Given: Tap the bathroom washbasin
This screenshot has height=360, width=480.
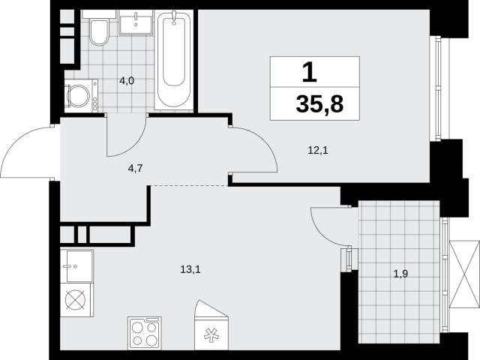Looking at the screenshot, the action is pos(136,22).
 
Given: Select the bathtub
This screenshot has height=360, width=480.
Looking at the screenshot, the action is pos(174,60).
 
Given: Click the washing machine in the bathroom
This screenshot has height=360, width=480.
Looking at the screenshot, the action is pos(81,96).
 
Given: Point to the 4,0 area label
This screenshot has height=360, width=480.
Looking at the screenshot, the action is pos(127,81).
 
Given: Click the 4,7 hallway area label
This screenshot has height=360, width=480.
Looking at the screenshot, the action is pos(135,168).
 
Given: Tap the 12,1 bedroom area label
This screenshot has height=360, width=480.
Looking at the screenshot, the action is pos(318,150).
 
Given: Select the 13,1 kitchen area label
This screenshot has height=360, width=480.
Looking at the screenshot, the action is pos(190,270).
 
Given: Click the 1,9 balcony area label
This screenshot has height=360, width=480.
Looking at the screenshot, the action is pos(400,274).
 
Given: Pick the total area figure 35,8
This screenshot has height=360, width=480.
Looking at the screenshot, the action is pos(319,104).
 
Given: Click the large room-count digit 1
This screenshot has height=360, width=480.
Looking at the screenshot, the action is pos(310,72).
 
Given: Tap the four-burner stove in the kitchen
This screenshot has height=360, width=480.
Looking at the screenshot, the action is pos(145,333).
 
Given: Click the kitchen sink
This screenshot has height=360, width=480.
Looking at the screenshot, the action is pos(77,265).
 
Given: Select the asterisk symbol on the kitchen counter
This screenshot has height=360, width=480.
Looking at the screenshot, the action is pos(211,335).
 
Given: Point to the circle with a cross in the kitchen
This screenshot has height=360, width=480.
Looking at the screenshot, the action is pos(75,299).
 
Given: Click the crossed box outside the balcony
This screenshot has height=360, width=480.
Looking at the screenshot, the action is pos(463,274).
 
